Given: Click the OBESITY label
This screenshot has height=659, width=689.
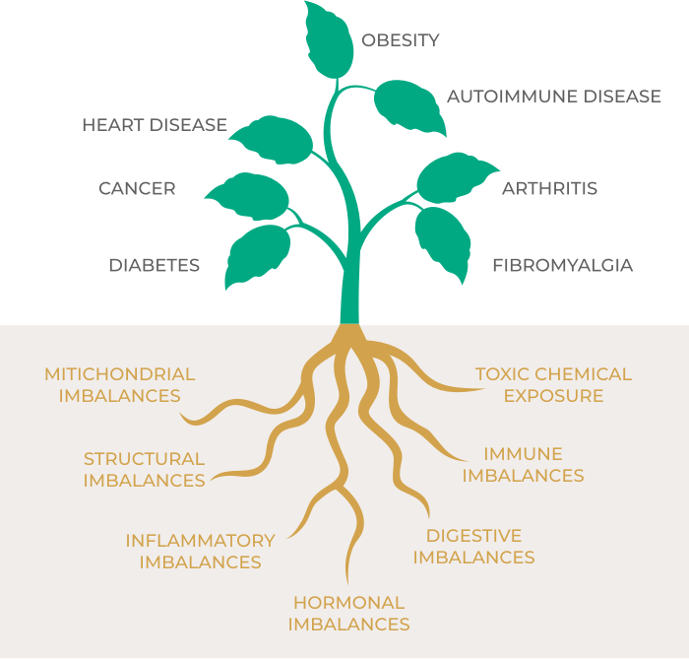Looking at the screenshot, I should pyautogui.click(x=400, y=40).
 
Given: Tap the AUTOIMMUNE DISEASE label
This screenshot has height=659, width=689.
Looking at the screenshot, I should pyautogui.click(x=554, y=97).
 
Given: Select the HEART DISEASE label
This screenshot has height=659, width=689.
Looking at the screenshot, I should pyautogui.click(x=155, y=125).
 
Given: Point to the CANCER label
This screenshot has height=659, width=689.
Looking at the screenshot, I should pyautogui.click(x=137, y=188).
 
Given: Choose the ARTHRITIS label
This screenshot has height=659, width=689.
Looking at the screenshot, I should pyautogui.click(x=549, y=188).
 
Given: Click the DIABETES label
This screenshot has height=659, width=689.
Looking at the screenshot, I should pyautogui.click(x=155, y=265).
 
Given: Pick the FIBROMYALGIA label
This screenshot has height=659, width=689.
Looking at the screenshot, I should pyautogui.click(x=562, y=265).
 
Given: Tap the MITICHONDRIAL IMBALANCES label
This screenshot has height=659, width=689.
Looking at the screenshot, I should pyautogui.click(x=120, y=385).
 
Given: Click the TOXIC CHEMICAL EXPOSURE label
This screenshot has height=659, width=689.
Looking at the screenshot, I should pyautogui.click(x=553, y=385).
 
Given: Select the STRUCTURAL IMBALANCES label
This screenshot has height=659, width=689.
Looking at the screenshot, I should pyautogui.click(x=144, y=470).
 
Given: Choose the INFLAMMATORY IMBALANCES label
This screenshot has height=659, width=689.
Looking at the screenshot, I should pyautogui.click(x=200, y=552).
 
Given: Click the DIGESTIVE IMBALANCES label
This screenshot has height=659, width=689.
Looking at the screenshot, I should pyautogui.click(x=473, y=547).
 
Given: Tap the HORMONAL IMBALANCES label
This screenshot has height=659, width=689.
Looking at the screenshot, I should pyautogui.click(x=348, y=613).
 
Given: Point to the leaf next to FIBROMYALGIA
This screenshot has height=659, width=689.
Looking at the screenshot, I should pyautogui.click(x=443, y=241).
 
